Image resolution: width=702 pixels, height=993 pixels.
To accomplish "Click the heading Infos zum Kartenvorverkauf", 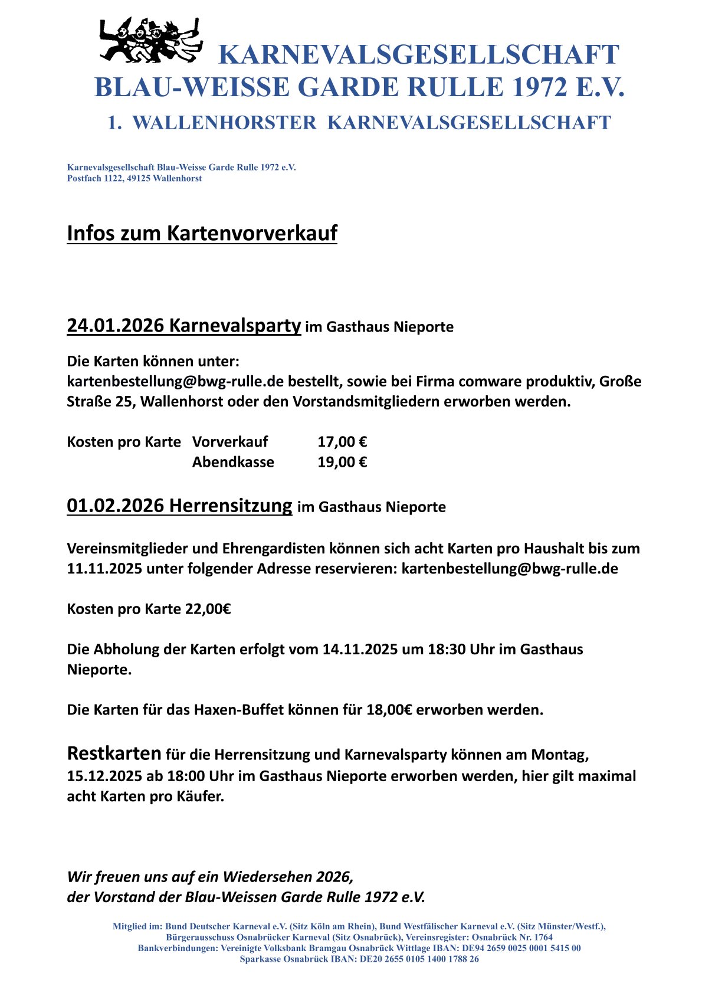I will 202,233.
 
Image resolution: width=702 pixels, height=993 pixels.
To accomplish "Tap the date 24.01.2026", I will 115,325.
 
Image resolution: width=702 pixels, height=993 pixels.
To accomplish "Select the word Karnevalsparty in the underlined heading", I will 235,325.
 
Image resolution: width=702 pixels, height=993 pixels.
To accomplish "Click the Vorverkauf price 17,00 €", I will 342,442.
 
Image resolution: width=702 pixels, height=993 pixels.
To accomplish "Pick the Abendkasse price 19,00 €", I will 342,462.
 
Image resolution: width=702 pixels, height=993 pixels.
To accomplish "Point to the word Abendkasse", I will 233,462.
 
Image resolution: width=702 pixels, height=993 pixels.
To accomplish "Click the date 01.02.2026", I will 115,506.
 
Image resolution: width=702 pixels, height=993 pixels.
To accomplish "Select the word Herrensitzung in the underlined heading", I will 230,506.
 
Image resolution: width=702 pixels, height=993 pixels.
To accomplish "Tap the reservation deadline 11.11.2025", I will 104,569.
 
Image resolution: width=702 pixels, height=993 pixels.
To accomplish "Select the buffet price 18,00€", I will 389,710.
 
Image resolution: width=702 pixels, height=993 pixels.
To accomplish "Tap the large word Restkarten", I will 114,753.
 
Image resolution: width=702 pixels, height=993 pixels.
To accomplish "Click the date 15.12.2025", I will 104,776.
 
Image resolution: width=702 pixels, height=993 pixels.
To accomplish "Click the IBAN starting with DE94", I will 519,948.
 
